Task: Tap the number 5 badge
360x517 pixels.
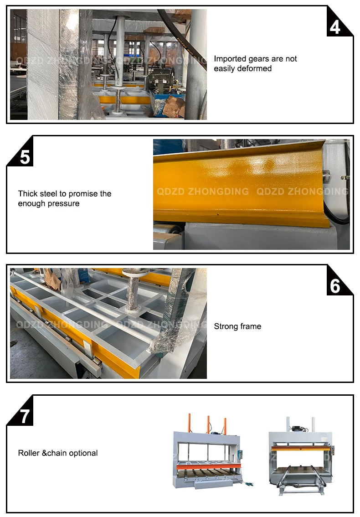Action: click(x=22, y=154)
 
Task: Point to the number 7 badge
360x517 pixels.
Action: click(x=22, y=413)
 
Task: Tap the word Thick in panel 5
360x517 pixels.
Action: click(x=28, y=194)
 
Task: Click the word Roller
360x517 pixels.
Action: click(x=29, y=453)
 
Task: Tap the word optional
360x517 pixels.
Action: click(x=83, y=453)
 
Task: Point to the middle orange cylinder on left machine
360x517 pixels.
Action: click(x=208, y=425)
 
